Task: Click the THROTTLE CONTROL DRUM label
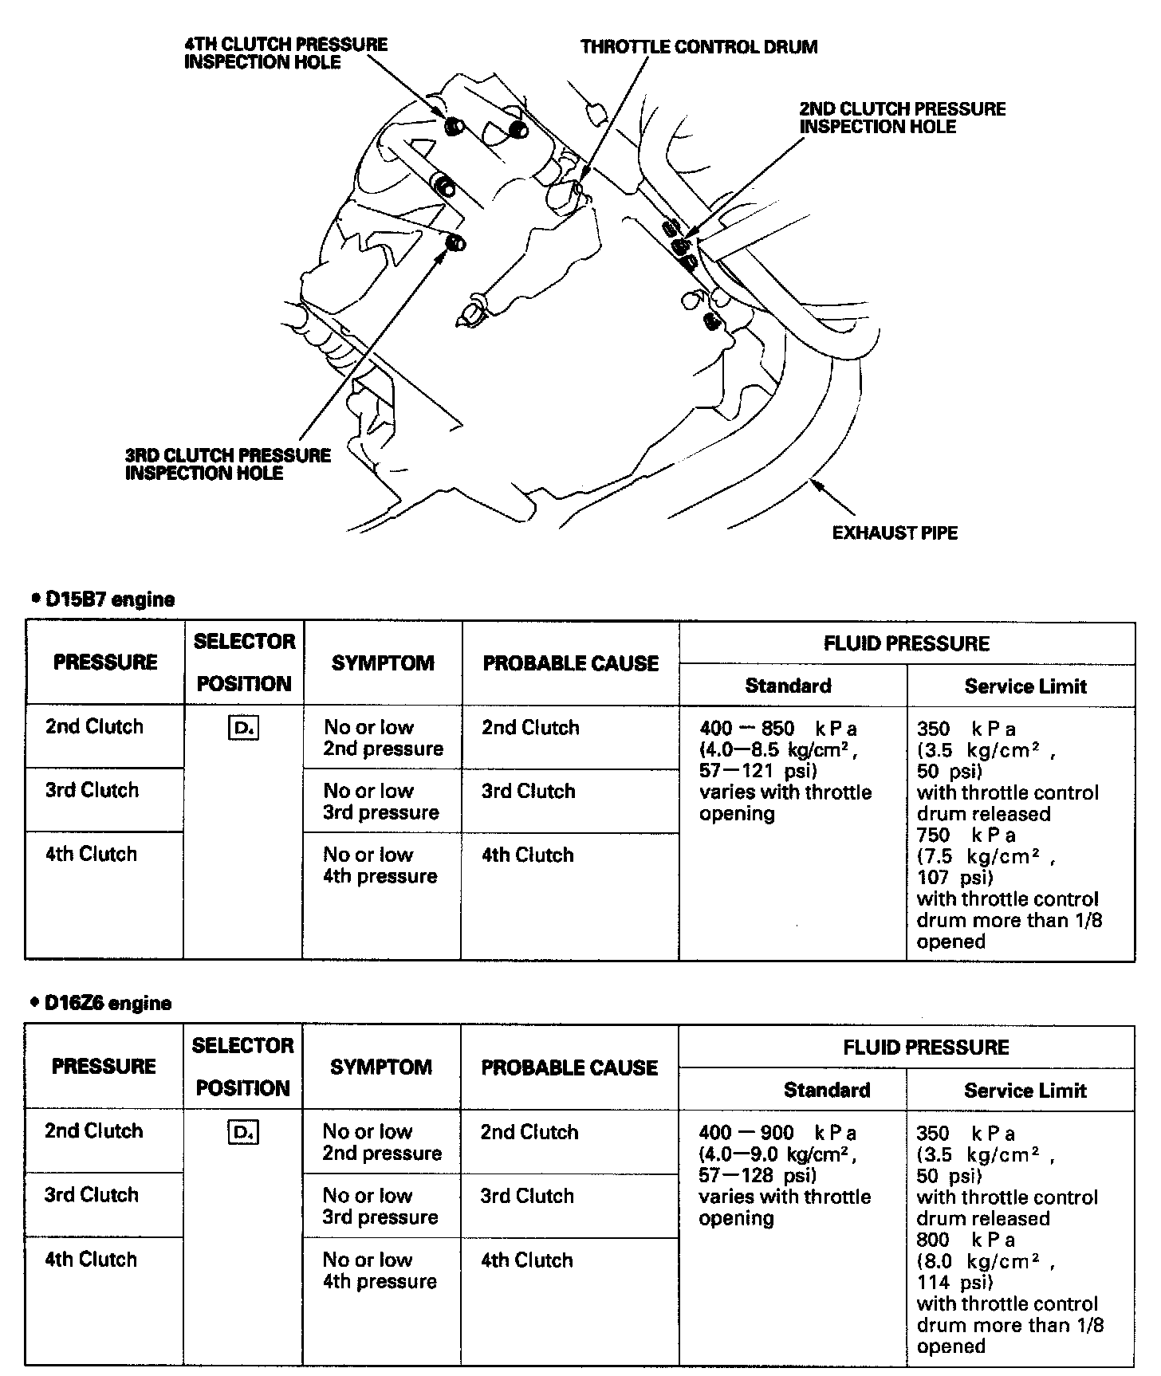click(x=699, y=47)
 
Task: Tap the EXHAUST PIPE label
click(x=895, y=533)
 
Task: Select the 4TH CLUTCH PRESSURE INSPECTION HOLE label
click(x=285, y=53)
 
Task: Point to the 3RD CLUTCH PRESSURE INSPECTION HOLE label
click(x=228, y=464)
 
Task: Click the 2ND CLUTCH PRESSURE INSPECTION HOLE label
click(x=902, y=118)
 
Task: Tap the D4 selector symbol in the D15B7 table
click(x=243, y=728)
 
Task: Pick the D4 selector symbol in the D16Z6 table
click(x=242, y=1132)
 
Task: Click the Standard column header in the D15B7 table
click(x=788, y=686)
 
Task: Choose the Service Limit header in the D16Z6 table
click(x=1025, y=1091)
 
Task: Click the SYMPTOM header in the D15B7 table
click(x=383, y=663)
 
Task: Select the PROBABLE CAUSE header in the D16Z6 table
click(x=569, y=1067)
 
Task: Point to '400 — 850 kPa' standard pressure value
click(x=777, y=729)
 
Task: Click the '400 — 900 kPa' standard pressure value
click(x=777, y=1133)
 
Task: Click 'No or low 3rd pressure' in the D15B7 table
click(x=381, y=802)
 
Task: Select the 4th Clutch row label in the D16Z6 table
click(x=91, y=1260)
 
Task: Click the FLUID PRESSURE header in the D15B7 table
click(x=907, y=643)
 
